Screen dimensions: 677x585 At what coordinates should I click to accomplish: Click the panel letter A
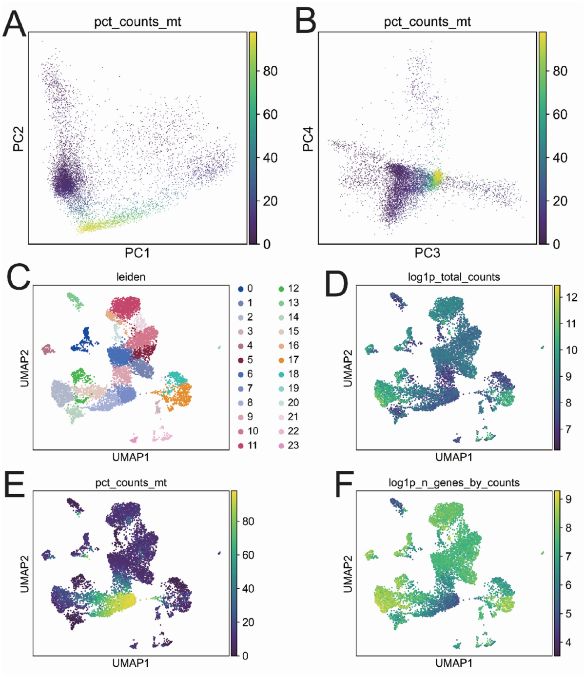(14, 24)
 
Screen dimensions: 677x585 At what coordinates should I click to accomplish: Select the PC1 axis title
(137, 253)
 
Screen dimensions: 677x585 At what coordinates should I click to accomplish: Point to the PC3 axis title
(427, 253)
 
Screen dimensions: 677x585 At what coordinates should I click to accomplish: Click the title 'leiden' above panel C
(131, 277)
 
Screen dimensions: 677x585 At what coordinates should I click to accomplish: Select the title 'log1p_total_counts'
(454, 277)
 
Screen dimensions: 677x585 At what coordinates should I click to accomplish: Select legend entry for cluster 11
(247, 445)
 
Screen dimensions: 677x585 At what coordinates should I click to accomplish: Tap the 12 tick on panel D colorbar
(571, 297)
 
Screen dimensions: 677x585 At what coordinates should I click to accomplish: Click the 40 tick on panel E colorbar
(248, 588)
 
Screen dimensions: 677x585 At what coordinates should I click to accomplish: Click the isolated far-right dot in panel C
(219, 348)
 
